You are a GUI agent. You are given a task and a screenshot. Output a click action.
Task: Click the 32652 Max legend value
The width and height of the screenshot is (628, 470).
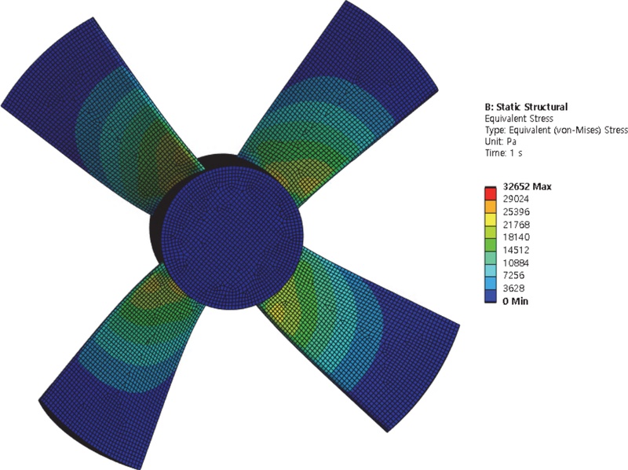527,186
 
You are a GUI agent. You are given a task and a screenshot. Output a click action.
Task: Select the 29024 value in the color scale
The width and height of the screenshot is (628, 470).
516,199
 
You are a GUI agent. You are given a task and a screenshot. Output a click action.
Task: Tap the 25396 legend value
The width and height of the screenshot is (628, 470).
516,211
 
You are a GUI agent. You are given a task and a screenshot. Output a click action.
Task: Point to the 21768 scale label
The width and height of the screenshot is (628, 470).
516,225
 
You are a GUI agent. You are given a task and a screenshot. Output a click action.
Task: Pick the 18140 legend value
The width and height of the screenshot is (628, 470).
516,237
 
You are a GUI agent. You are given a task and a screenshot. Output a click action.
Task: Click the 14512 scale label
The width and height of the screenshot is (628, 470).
516,250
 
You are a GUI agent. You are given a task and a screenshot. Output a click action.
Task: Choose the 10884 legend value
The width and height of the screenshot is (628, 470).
516,263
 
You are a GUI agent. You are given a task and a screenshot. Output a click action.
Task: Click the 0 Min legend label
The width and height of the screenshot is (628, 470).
516,301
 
